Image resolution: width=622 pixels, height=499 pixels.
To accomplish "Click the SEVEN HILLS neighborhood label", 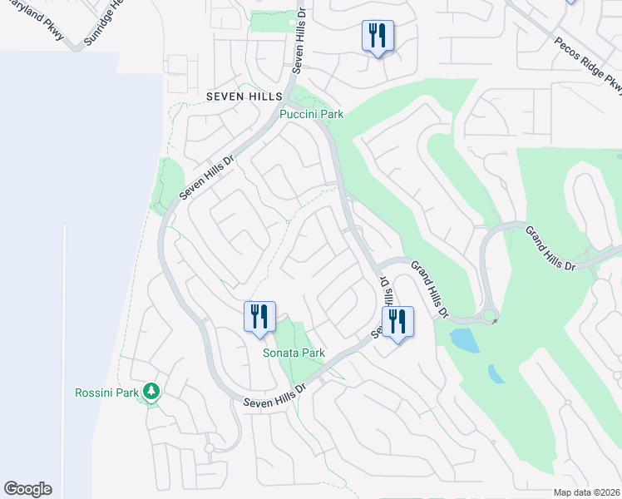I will (244, 97).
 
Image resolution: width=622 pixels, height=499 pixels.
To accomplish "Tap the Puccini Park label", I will (311, 114).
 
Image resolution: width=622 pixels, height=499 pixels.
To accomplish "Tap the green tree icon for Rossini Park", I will (151, 391).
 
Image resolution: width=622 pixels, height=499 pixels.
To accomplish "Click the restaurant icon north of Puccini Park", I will (378, 36).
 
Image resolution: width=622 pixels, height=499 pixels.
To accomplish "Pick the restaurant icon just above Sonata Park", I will (259, 317).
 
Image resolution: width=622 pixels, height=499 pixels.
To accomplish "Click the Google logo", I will (27, 489).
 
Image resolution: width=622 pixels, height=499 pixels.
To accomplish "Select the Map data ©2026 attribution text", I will (586, 492).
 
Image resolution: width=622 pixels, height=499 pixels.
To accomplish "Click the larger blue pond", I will (464, 340).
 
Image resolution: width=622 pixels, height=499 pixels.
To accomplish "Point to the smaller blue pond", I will (496, 374).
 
